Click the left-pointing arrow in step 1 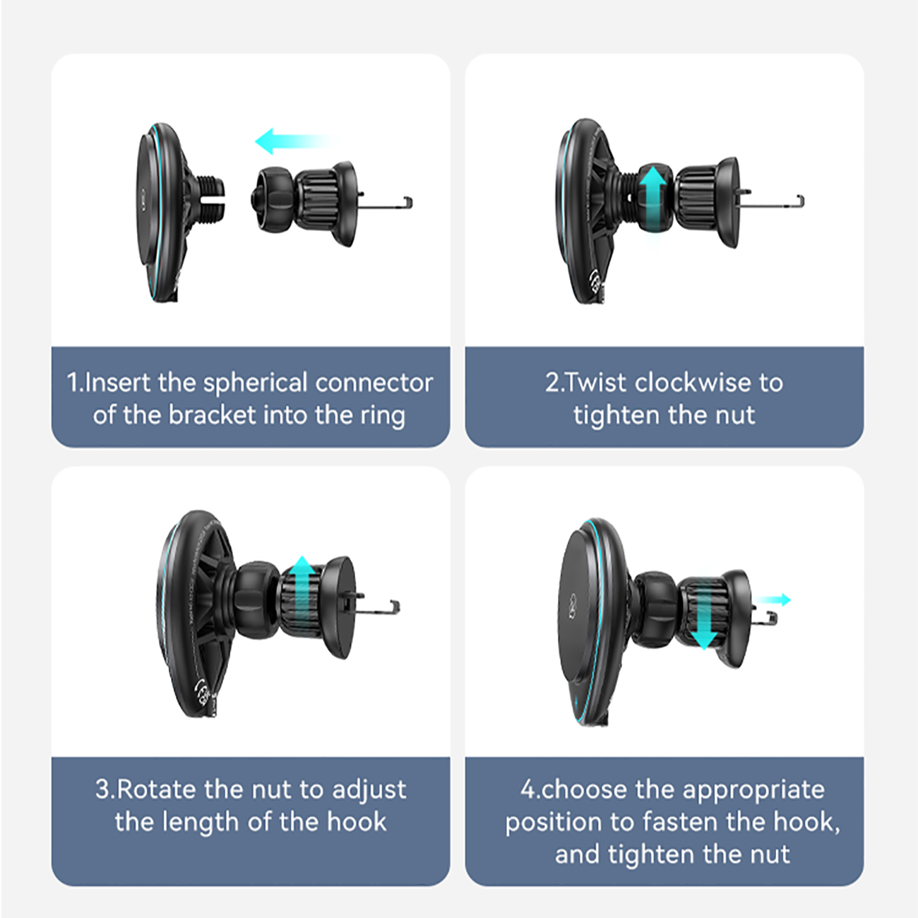[x=294, y=141]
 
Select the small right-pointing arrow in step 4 [x=773, y=600]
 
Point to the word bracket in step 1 [x=212, y=415]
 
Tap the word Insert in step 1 [x=117, y=383]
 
